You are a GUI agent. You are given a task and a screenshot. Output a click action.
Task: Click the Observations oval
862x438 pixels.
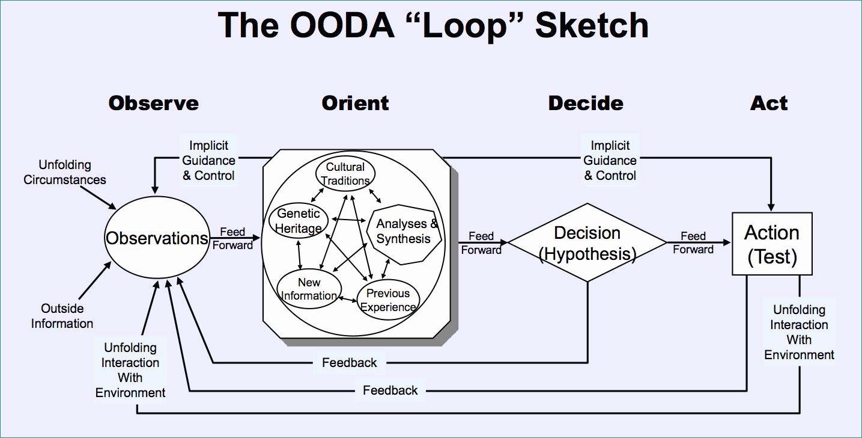pyautogui.click(x=157, y=238)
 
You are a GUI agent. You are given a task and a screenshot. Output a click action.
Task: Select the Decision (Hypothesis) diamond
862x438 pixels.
pyautogui.click(x=587, y=243)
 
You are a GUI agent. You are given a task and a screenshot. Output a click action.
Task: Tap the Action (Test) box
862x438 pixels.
pyautogui.click(x=772, y=244)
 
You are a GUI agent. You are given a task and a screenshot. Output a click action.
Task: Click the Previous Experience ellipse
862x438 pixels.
pyautogui.click(x=388, y=300)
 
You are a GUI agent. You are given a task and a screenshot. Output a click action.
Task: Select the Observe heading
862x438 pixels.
pyautogui.click(x=153, y=103)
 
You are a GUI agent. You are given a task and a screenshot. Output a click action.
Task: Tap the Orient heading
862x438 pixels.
pyautogui.click(x=355, y=103)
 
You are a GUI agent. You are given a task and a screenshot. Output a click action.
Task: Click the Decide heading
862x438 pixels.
pyautogui.click(x=586, y=103)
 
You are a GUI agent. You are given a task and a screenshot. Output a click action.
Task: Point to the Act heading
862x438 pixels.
pyautogui.click(x=769, y=103)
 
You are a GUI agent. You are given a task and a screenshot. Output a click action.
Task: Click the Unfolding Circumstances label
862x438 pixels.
pyautogui.click(x=65, y=172)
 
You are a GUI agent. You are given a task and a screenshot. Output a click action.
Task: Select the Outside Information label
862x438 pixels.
pyautogui.click(x=62, y=316)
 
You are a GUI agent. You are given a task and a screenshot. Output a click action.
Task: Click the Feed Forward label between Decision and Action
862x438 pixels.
pyautogui.click(x=693, y=242)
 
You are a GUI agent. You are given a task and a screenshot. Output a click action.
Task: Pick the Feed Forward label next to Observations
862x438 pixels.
pyautogui.click(x=232, y=238)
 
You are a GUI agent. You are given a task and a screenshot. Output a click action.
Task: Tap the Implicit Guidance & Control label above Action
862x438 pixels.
pyautogui.click(x=610, y=161)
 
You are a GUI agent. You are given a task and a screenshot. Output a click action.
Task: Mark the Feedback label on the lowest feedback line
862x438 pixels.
pyautogui.click(x=390, y=390)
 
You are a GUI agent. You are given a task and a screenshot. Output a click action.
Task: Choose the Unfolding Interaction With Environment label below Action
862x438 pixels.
pyautogui.click(x=799, y=332)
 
